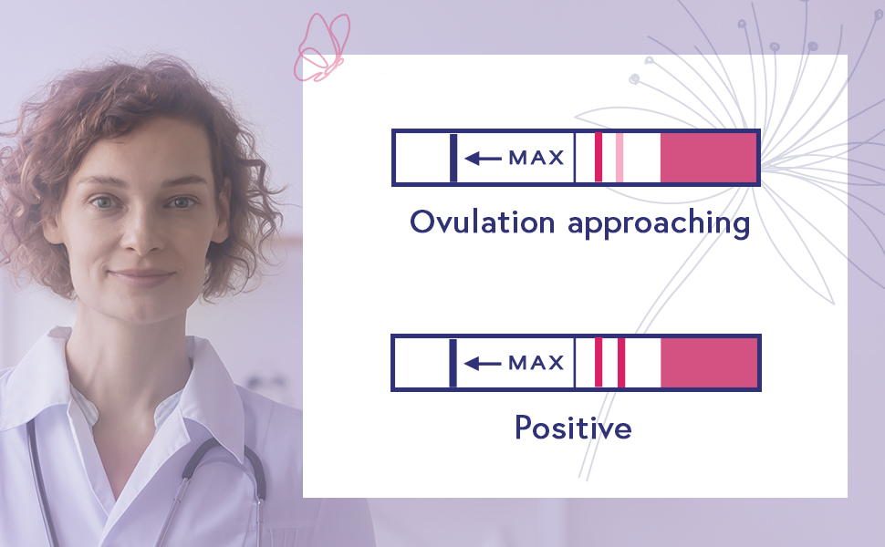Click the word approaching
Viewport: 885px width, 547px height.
[x=658, y=223]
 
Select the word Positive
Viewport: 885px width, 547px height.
[x=573, y=427]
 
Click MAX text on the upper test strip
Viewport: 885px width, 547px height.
[x=536, y=158]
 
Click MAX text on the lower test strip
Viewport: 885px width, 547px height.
[x=536, y=363]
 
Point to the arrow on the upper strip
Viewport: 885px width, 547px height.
[x=483, y=159]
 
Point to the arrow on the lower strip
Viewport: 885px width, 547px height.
[x=483, y=364]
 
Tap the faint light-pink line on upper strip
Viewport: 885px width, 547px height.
[x=619, y=158]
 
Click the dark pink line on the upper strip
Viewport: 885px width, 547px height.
[x=599, y=158]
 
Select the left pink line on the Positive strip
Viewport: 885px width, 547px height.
[x=599, y=363]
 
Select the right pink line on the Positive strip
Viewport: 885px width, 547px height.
[x=620, y=363]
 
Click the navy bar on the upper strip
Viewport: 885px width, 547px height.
[x=453, y=158]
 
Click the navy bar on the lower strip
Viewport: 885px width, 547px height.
[x=453, y=363]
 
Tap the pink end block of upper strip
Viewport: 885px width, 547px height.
[x=708, y=158]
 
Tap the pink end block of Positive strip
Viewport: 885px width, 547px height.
[x=708, y=363]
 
